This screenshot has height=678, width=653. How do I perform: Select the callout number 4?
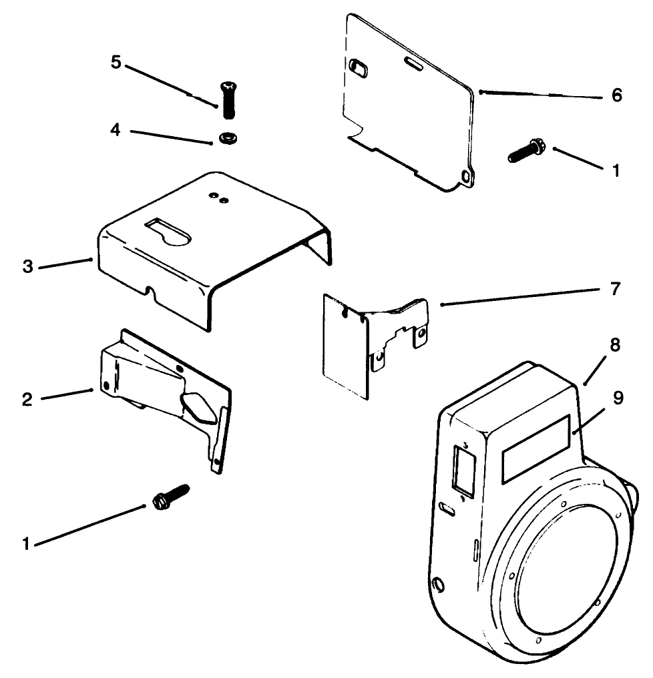(116, 129)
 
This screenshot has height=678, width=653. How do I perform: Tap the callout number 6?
(616, 95)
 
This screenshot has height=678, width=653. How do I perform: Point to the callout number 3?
(27, 267)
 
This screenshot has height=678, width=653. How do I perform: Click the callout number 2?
(27, 399)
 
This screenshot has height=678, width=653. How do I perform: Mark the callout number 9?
(618, 398)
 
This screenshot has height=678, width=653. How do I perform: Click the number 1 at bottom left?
(27, 545)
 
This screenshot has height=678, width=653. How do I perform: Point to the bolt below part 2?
(170, 498)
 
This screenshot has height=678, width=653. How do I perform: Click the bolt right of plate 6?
(526, 150)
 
